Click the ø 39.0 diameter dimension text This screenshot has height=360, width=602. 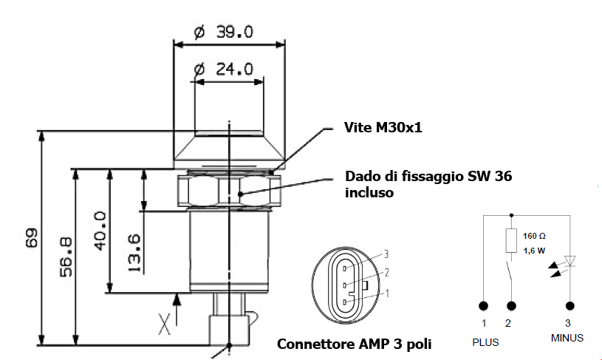pyautogui.click(x=223, y=33)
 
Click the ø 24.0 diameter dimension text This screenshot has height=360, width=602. pyautogui.click(x=223, y=69)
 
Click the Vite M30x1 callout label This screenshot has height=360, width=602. pyautogui.click(x=382, y=128)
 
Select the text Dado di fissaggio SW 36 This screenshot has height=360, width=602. pyautogui.click(x=428, y=177)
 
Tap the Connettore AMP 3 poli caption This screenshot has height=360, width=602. pyautogui.click(x=354, y=344)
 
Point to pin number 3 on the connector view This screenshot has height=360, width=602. pyautogui.click(x=386, y=254)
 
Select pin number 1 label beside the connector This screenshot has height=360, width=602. pyautogui.click(x=386, y=293)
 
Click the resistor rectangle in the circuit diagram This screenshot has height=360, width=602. pyautogui.click(x=510, y=240)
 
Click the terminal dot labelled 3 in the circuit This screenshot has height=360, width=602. pyautogui.click(x=569, y=305)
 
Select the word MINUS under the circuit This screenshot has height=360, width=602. pyautogui.click(x=567, y=338)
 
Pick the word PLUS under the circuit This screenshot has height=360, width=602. pyautogui.click(x=485, y=342)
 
